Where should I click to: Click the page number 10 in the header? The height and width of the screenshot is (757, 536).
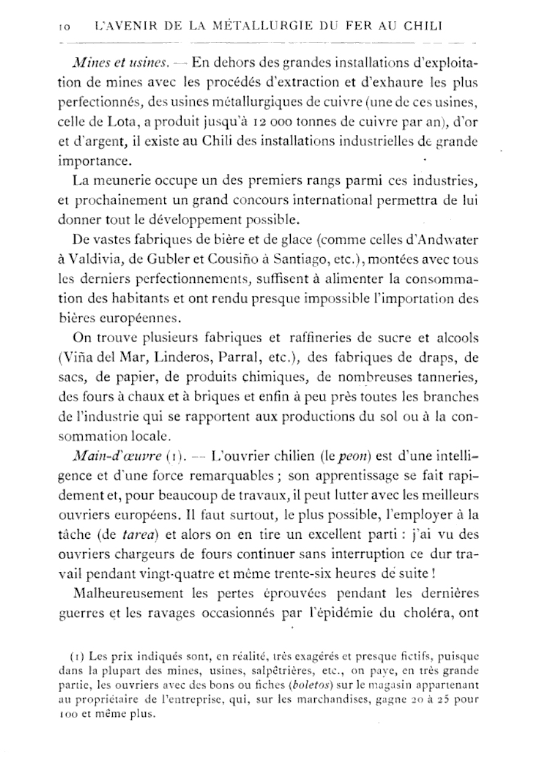click(x=65, y=27)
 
